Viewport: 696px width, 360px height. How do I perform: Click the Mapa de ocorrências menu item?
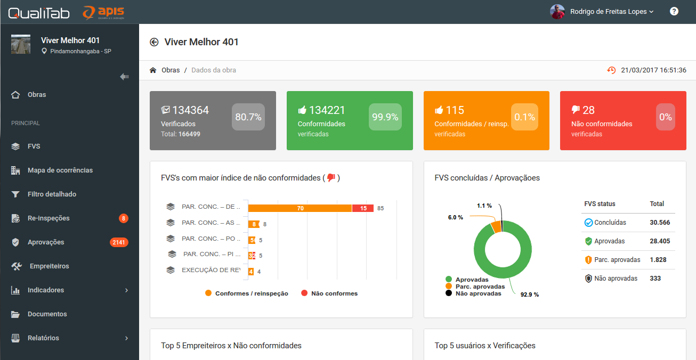(60, 170)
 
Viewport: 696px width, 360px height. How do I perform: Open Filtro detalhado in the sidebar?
(52, 194)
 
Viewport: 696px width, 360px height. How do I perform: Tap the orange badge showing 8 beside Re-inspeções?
(124, 218)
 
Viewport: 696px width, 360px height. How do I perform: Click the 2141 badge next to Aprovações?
(119, 242)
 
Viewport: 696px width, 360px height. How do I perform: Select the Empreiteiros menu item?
(49, 266)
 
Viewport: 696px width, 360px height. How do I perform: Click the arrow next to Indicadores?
(127, 290)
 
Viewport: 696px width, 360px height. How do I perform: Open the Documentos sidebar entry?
(47, 314)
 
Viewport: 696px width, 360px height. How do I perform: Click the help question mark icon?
(674, 11)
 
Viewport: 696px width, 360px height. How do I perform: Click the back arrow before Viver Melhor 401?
(154, 42)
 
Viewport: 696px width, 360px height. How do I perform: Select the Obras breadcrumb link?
(171, 70)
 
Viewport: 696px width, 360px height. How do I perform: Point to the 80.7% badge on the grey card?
(248, 117)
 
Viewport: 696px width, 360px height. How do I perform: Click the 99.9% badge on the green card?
(385, 117)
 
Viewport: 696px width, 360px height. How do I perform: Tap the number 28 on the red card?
(588, 110)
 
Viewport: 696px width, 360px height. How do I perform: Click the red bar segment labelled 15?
(363, 208)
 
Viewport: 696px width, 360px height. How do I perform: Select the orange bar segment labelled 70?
(300, 208)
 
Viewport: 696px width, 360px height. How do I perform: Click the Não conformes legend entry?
(334, 293)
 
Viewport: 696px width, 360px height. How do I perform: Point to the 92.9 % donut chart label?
(529, 294)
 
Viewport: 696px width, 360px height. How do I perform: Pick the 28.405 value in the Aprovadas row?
(660, 241)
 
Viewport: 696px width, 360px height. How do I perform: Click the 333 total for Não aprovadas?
(655, 279)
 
